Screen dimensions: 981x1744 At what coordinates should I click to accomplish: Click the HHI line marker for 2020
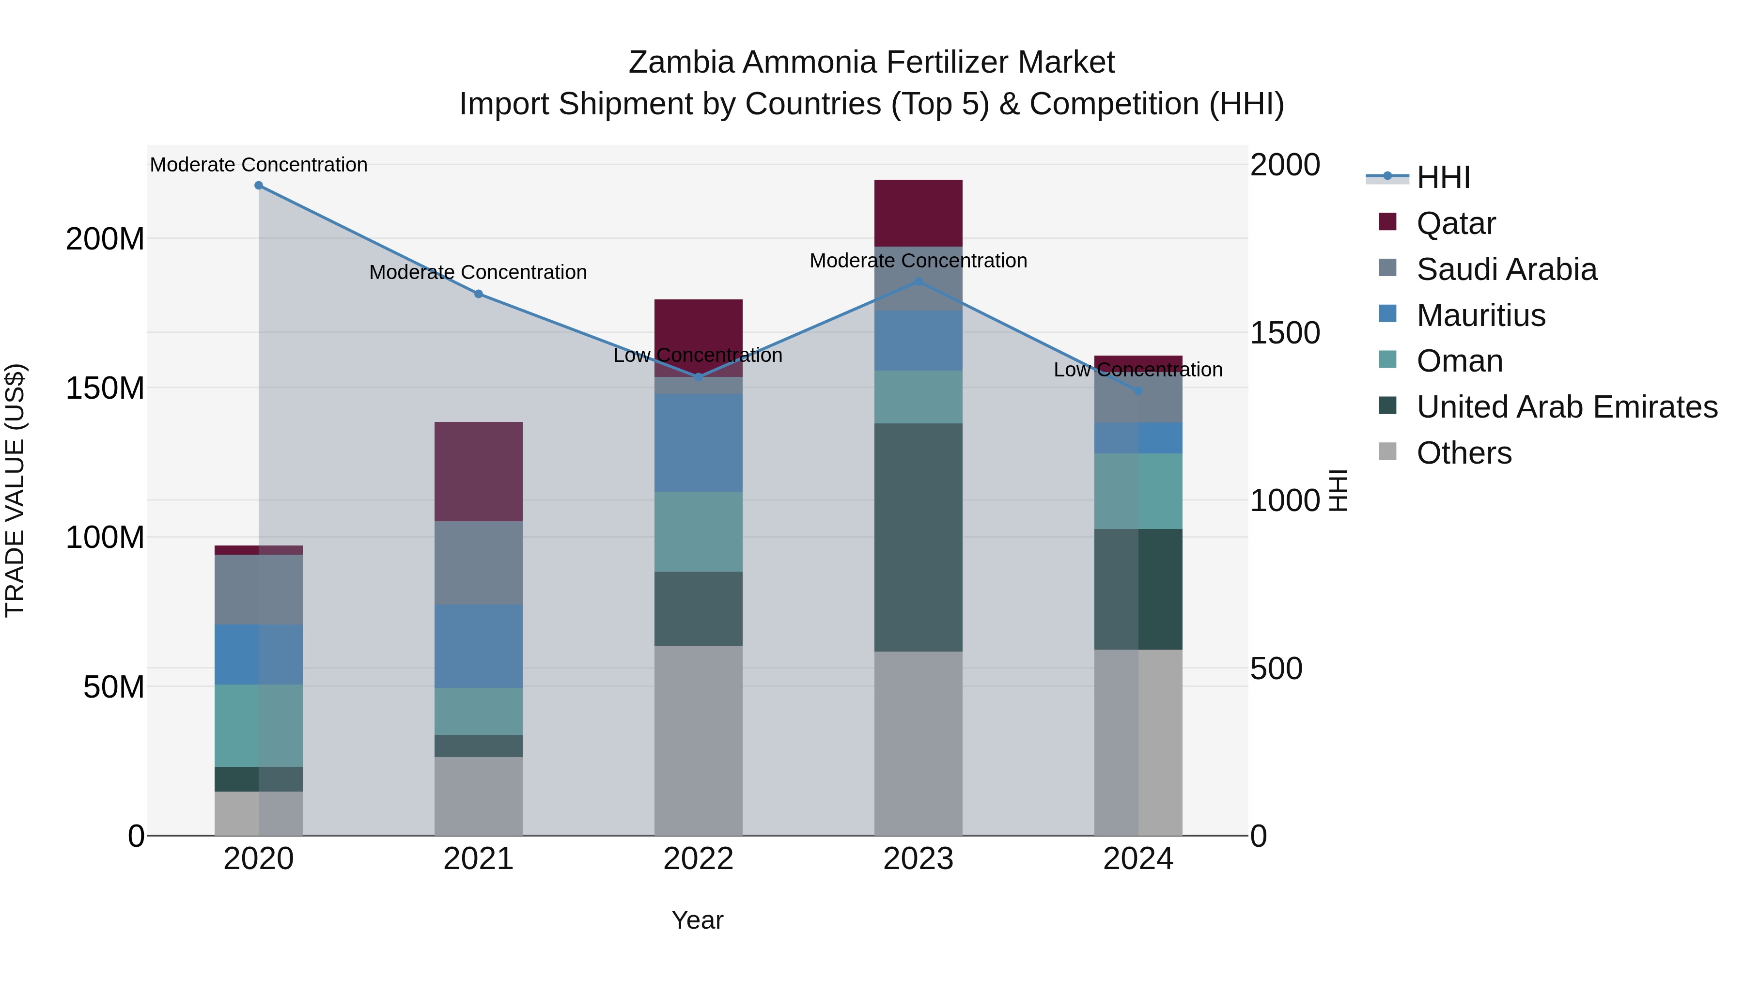pyautogui.click(x=259, y=186)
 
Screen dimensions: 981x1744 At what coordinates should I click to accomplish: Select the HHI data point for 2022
pyautogui.click(x=699, y=377)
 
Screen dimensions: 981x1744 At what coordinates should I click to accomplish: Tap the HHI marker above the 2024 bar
pyautogui.click(x=1138, y=391)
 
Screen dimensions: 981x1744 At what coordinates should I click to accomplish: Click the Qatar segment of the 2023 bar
pyautogui.click(x=918, y=213)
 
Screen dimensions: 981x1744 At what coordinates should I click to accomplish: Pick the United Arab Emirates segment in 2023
pyautogui.click(x=918, y=538)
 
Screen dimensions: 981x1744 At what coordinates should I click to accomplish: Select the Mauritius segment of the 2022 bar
pyautogui.click(x=698, y=443)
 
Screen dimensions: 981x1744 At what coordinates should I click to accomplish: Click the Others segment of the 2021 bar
pyautogui.click(x=478, y=796)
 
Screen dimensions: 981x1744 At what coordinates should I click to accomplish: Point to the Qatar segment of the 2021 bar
pyautogui.click(x=478, y=472)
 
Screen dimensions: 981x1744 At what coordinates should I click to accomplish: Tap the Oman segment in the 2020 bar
pyautogui.click(x=259, y=726)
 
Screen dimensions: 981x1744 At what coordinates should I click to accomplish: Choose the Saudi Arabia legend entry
pyautogui.click(x=1506, y=269)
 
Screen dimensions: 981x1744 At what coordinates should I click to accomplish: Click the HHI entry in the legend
pyautogui.click(x=1443, y=177)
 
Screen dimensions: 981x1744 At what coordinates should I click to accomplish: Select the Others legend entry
pyautogui.click(x=1464, y=453)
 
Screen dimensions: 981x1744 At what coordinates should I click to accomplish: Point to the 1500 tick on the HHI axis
pyautogui.click(x=1284, y=333)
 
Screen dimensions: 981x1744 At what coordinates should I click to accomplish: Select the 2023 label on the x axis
pyautogui.click(x=918, y=859)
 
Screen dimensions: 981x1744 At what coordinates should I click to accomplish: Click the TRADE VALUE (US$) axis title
pyautogui.click(x=15, y=490)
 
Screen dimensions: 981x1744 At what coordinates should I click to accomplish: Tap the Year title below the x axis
pyautogui.click(x=697, y=920)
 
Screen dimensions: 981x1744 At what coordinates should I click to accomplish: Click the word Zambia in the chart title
pyautogui.click(x=681, y=62)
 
